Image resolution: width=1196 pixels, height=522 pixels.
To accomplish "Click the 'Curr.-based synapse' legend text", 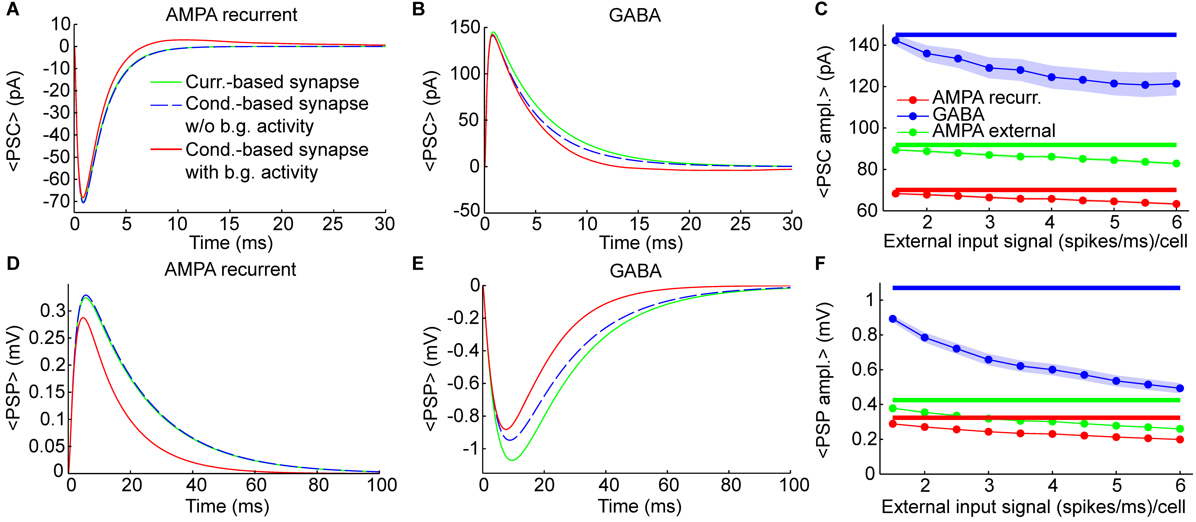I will click(272, 82).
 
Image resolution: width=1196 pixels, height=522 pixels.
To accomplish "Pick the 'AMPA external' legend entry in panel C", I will click(994, 131).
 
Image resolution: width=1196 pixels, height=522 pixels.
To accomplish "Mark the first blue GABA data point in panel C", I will click(896, 40).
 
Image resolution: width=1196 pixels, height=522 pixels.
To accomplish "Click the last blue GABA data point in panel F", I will click(1180, 388).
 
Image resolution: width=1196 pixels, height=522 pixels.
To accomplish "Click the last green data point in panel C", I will click(1176, 163).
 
